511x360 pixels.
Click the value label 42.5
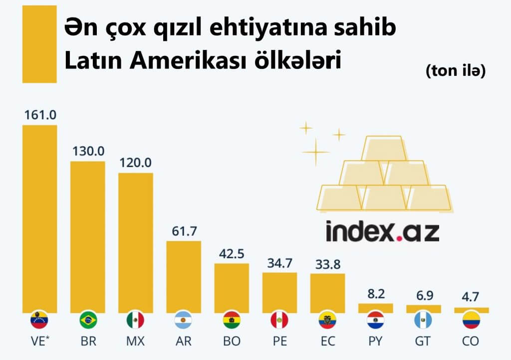point(232,253)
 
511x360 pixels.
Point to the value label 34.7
point(279,262)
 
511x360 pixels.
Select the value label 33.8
point(327,263)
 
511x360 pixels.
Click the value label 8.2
point(376,293)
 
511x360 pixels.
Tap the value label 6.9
point(424,295)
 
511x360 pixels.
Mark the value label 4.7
point(472,297)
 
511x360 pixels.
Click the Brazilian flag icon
point(88,320)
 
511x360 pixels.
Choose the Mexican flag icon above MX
point(136,320)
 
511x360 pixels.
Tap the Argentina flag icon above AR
point(183,320)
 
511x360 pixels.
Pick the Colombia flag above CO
point(472,320)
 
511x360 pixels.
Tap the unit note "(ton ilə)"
point(456,71)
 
